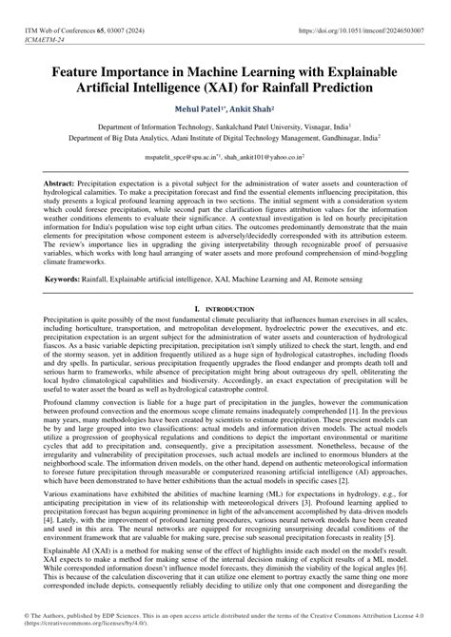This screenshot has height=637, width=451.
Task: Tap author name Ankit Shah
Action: tap(259, 109)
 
